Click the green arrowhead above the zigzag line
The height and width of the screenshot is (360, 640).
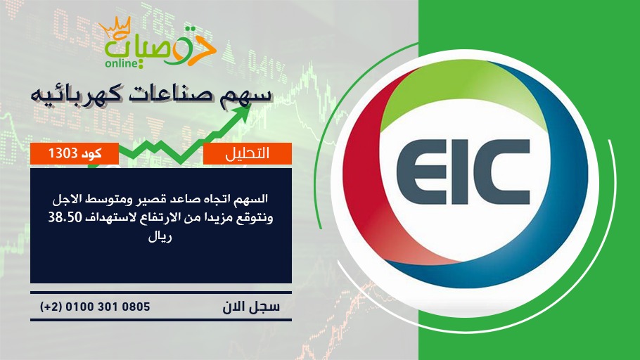tap(243, 112)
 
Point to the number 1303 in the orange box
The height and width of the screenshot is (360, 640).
tap(63, 153)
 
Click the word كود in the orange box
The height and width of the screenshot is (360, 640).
tap(91, 153)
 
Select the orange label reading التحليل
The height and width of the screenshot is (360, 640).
tap(248, 153)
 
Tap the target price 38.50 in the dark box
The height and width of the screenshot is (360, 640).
tap(65, 217)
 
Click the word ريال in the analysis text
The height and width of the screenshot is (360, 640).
tap(160, 237)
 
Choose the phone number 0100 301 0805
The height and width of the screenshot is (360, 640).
tap(108, 307)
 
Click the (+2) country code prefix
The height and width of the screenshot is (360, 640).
tap(51, 307)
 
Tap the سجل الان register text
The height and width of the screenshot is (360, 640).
tap(251, 307)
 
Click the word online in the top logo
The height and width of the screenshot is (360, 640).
tap(121, 63)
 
